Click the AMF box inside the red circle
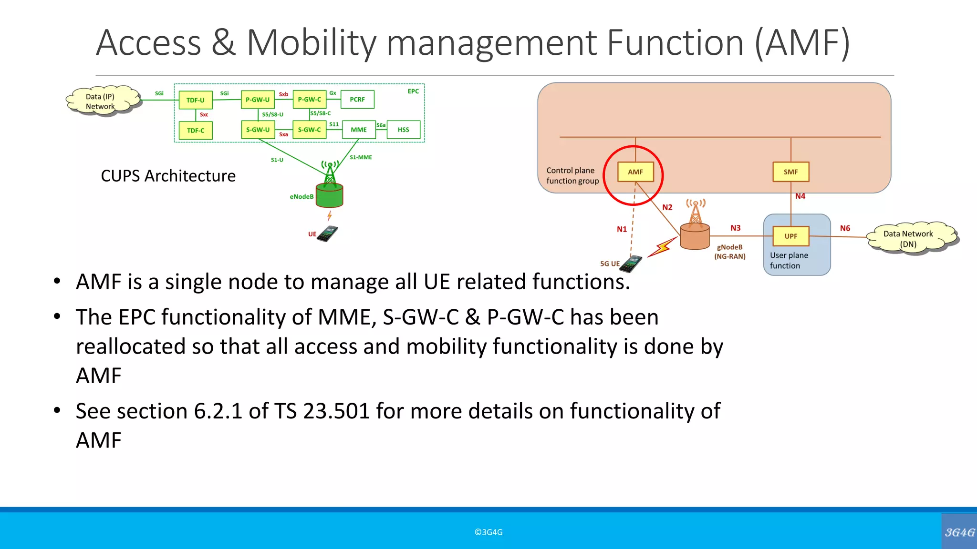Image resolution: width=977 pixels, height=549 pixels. [635, 172]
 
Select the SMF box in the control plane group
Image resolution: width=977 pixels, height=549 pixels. [790, 172]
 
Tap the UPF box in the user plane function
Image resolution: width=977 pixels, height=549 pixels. [790, 236]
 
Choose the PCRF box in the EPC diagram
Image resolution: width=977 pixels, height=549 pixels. [357, 100]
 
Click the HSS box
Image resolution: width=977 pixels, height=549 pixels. [404, 130]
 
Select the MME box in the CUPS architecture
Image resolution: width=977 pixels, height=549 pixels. [359, 130]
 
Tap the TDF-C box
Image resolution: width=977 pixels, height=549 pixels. [196, 131]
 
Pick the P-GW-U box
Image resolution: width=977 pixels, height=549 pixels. [258, 100]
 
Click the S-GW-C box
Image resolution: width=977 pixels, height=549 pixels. [309, 130]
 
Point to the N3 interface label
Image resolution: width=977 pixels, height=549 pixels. [735, 228]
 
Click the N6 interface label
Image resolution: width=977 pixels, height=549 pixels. [845, 228]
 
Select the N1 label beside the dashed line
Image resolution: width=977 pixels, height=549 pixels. [622, 229]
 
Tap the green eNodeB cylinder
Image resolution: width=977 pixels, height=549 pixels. [330, 196]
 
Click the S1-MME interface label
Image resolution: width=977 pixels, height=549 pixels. [361, 157]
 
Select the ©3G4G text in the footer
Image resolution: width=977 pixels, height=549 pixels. [488, 532]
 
